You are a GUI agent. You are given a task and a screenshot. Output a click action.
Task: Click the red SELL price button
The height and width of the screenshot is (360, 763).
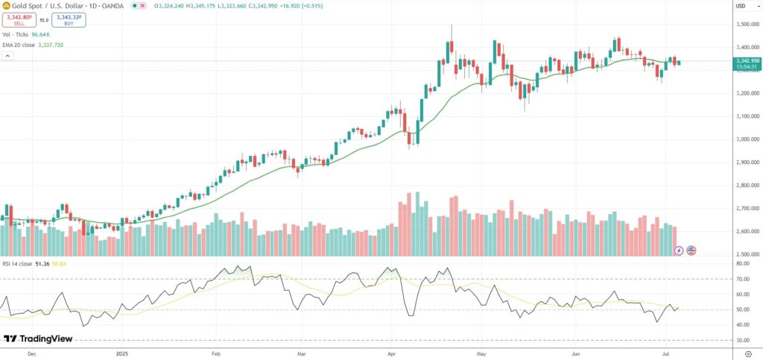coord(19,20)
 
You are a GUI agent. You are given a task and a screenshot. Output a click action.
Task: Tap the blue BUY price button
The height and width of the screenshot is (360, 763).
coord(69,20)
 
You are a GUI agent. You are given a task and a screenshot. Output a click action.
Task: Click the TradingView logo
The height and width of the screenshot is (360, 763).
coord(38,338)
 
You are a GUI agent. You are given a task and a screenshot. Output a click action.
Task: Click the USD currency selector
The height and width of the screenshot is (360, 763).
coord(741,6)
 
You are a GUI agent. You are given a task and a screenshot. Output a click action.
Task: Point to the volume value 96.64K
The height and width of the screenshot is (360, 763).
coord(41,34)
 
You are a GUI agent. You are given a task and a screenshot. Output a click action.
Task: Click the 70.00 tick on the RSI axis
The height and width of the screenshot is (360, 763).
coord(742,279)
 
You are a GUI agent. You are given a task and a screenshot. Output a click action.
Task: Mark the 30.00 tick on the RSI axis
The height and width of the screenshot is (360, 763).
coord(742,340)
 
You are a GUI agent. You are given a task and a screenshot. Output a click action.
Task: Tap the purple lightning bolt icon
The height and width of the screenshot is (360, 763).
coord(678,250)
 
